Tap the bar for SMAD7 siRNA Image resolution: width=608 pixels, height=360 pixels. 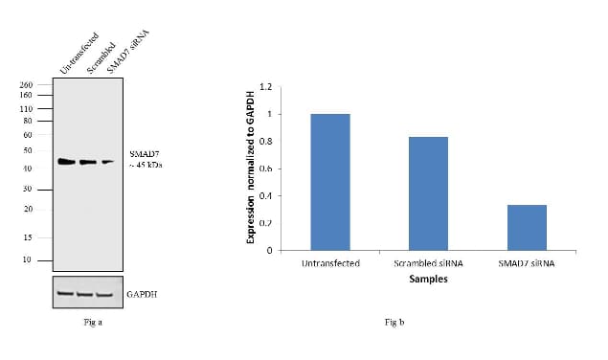[x=526, y=227]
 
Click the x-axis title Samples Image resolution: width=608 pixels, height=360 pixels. [x=427, y=280]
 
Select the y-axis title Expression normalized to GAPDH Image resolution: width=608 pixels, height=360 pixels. [x=250, y=169]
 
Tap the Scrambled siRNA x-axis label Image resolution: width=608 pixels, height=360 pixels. [x=428, y=263]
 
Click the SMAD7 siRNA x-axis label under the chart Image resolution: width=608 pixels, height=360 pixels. [x=526, y=263]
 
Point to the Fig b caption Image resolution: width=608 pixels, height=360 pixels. [x=394, y=321]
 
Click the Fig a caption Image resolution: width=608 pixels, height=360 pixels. [x=93, y=321]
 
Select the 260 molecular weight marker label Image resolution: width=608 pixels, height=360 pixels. [x=27, y=85]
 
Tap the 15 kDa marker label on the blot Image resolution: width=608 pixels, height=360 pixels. [x=27, y=237]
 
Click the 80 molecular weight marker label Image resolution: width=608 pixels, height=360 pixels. [x=27, y=121]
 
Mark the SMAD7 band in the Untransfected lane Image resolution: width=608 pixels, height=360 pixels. [x=66, y=162]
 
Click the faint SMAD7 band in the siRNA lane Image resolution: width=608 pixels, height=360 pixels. [x=107, y=162]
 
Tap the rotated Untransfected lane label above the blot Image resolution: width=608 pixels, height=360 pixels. [x=79, y=54]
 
